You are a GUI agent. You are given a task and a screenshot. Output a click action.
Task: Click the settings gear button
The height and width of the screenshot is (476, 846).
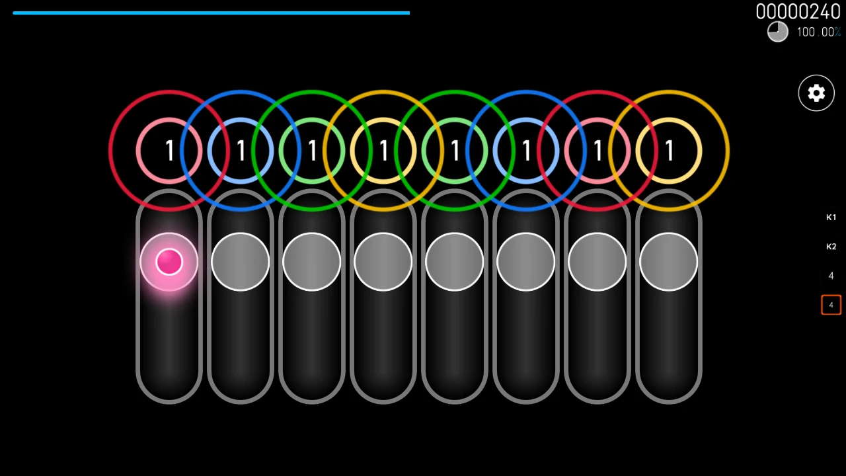coord(816,93)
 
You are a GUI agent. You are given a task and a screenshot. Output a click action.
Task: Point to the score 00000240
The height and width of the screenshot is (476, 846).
coord(798,11)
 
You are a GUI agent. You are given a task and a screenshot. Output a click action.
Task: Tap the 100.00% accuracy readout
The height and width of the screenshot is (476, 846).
coord(818,32)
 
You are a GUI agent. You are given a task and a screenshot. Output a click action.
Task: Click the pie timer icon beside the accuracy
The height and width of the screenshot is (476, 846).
coord(778,32)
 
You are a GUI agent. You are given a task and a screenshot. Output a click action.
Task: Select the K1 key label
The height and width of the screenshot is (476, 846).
coord(831,218)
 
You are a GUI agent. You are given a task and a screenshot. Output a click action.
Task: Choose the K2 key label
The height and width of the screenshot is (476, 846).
coord(831,247)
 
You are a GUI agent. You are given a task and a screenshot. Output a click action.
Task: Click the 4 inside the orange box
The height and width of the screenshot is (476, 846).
coord(831,305)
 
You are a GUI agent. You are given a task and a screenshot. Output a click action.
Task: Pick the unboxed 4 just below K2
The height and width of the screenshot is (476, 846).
coord(831,276)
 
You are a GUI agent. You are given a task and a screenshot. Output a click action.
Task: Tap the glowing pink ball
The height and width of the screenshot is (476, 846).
coord(169,262)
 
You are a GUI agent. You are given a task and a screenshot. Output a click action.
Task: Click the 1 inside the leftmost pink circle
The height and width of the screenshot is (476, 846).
coord(169,151)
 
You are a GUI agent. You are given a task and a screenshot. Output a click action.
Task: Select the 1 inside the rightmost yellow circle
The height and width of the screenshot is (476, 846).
coord(669,151)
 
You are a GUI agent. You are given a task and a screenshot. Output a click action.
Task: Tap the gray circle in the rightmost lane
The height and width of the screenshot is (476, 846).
coord(669,262)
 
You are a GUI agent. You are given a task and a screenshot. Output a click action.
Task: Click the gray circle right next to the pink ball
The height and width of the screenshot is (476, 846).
coord(241,262)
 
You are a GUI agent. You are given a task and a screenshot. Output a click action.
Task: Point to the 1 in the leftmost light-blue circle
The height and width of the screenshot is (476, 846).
coord(241,151)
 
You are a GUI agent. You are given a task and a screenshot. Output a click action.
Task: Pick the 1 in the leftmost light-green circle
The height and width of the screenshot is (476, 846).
coord(312,151)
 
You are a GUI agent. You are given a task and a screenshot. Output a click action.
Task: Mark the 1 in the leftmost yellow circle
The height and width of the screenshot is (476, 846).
coord(383,151)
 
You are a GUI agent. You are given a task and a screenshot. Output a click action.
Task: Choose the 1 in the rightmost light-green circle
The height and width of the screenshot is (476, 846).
coord(455,151)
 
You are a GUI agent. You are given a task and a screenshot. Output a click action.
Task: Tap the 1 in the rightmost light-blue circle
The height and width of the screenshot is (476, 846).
coord(526,151)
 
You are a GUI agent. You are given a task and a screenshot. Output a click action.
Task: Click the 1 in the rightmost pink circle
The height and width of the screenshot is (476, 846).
coord(597,151)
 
